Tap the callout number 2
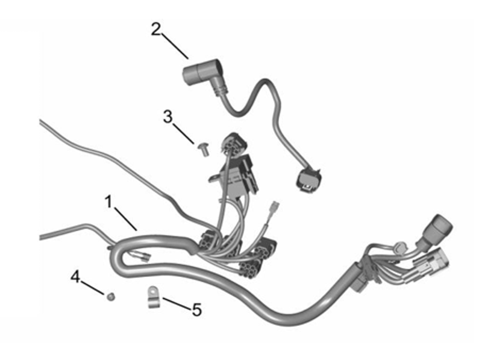157,29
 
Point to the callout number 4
75,277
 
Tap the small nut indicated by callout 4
110,296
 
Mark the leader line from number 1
125,218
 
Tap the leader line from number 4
93,287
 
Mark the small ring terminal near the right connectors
398,247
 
